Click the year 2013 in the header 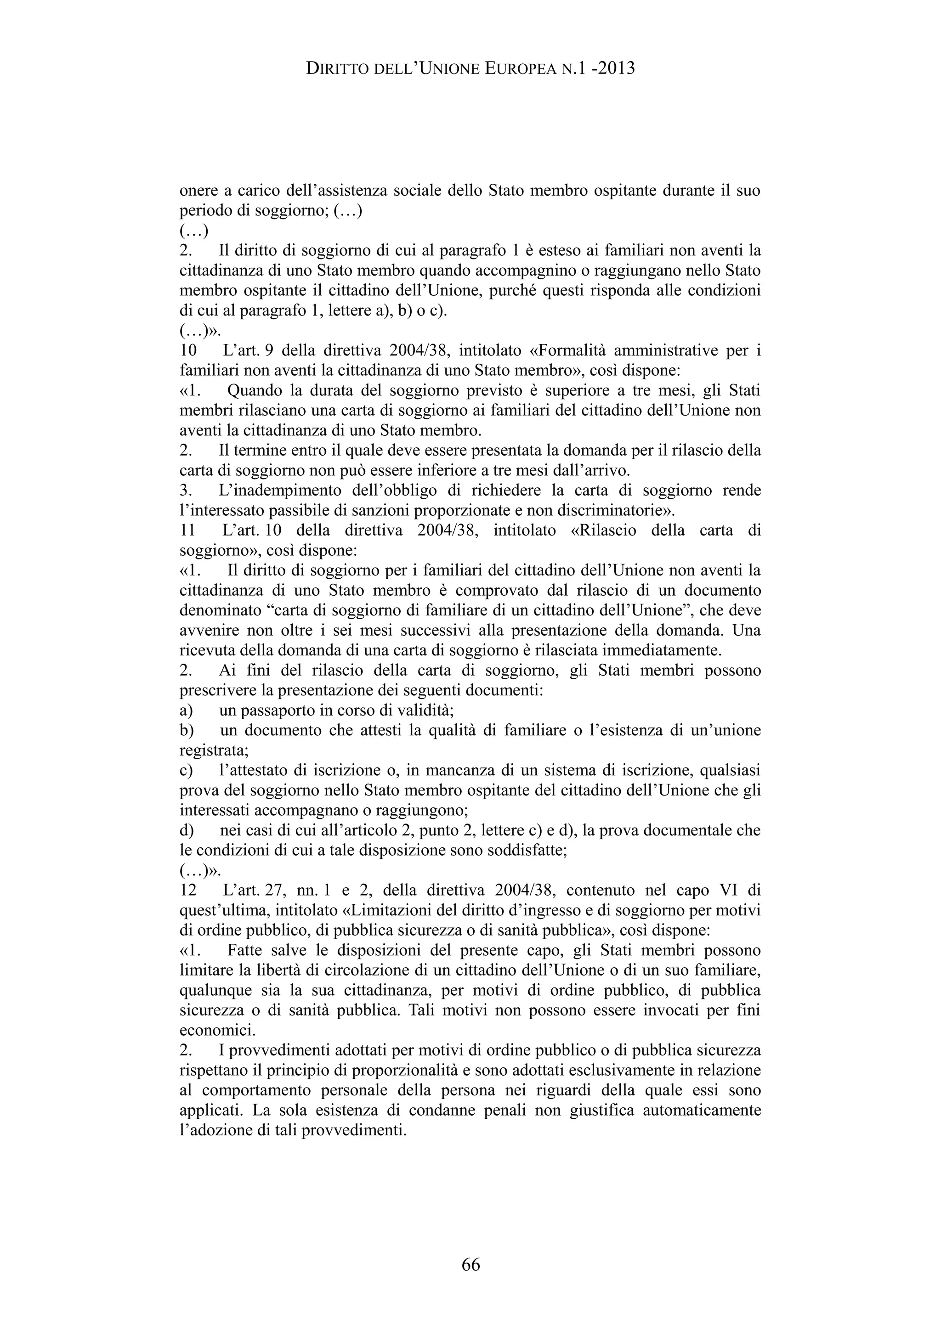(x=615, y=69)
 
